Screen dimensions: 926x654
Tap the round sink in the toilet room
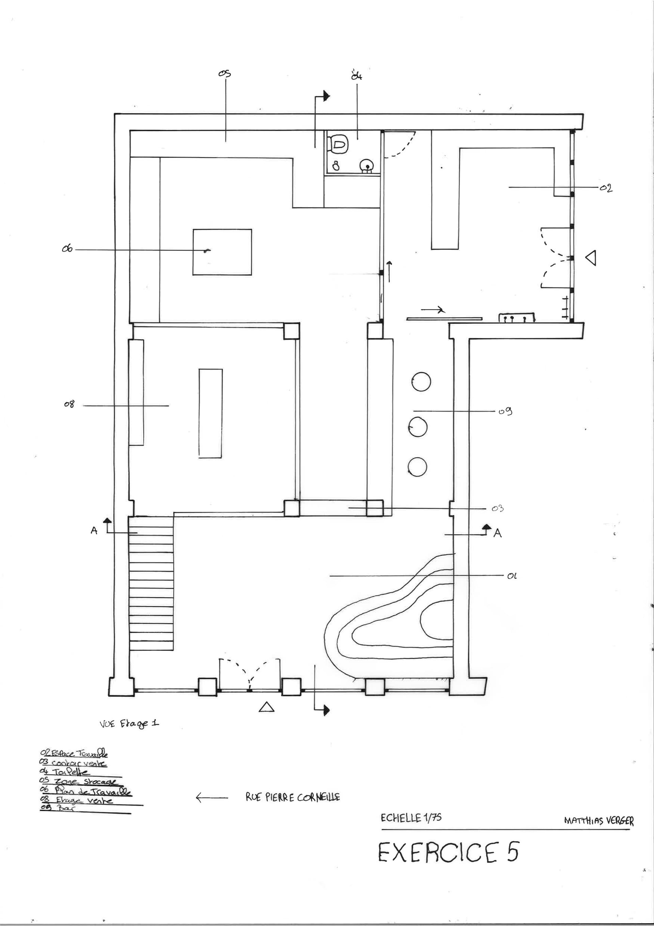coord(366,165)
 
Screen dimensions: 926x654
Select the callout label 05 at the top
coord(224,73)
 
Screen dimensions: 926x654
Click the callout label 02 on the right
coord(606,188)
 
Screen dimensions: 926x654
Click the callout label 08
coord(69,404)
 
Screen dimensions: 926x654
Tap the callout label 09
coord(505,412)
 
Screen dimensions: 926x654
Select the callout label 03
coord(498,509)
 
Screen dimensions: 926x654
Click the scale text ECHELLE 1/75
coord(410,818)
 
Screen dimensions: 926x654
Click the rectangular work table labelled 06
coord(222,252)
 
